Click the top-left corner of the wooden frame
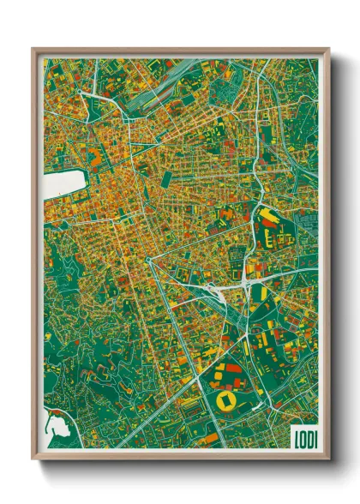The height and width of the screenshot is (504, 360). (x=33, y=49)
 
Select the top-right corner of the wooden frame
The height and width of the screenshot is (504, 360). (x=329, y=49)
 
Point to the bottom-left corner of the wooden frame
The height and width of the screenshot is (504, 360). (x=33, y=459)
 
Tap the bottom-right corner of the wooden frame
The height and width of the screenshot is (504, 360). (x=329, y=459)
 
